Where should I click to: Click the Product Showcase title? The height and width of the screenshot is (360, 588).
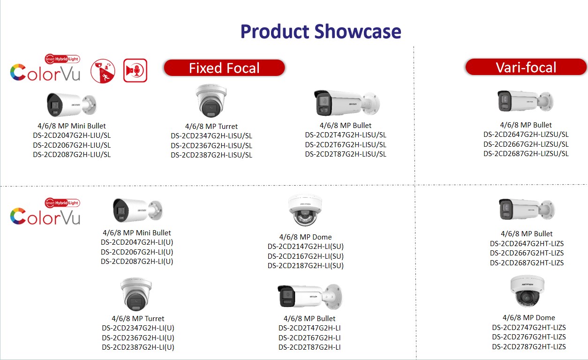(x=321, y=32)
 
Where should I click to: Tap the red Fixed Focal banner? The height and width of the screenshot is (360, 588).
(x=225, y=68)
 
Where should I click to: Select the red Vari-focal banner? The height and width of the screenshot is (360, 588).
(x=526, y=67)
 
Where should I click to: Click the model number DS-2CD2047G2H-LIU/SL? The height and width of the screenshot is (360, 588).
(x=72, y=135)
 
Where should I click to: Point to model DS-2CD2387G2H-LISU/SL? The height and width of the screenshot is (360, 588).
(x=211, y=155)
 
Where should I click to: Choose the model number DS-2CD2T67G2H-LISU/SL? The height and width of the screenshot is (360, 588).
(x=346, y=144)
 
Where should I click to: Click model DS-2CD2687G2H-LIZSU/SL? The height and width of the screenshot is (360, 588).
(x=526, y=154)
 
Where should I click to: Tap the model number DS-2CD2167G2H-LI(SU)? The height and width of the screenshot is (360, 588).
(x=306, y=256)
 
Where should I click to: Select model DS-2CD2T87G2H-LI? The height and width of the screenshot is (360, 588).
(x=309, y=347)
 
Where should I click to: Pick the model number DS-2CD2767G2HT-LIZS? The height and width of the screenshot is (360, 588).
(x=528, y=337)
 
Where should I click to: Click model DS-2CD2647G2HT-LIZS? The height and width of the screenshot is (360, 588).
(x=527, y=243)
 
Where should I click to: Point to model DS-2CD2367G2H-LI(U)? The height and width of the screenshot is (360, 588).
(x=138, y=337)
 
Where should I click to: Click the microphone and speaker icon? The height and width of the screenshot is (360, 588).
(x=135, y=70)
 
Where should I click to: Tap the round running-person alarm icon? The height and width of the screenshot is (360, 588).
(x=103, y=71)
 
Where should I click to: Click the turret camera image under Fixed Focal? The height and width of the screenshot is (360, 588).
(x=211, y=101)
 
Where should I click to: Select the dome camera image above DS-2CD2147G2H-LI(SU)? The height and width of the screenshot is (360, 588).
(x=305, y=210)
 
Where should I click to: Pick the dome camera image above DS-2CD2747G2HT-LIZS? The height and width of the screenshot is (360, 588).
(x=528, y=291)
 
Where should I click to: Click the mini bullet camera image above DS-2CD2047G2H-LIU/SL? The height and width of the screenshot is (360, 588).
(x=72, y=105)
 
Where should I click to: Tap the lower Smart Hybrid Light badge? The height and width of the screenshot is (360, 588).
(x=62, y=203)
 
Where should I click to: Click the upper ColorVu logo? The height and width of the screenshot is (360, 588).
(x=45, y=72)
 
